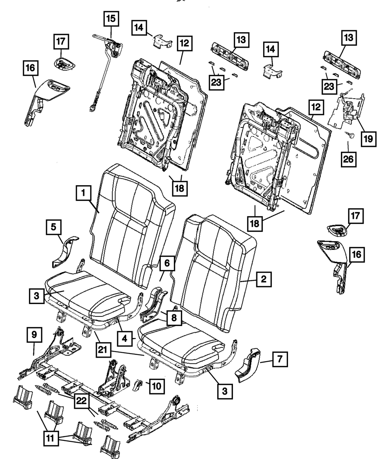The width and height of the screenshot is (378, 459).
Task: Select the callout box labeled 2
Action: (263, 280)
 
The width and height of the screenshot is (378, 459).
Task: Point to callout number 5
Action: (54, 227)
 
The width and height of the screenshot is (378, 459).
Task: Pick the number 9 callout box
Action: (34, 334)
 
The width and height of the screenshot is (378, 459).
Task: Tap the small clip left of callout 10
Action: (138, 385)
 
